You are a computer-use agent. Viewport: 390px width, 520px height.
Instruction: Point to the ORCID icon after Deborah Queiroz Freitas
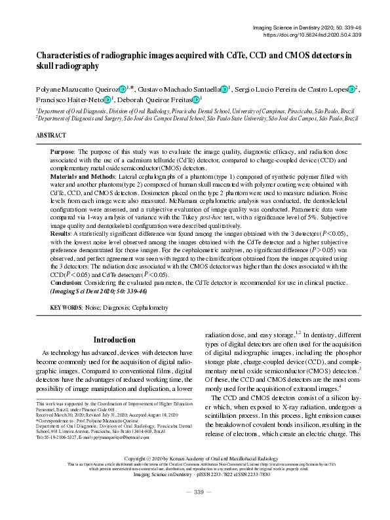(x=196, y=100)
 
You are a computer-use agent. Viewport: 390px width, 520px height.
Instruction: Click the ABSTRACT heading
(x=52, y=135)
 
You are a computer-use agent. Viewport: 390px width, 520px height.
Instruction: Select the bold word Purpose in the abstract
(x=81, y=151)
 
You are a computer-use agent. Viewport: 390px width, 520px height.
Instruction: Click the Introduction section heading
(x=114, y=340)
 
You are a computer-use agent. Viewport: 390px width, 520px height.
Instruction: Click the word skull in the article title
(x=50, y=66)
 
